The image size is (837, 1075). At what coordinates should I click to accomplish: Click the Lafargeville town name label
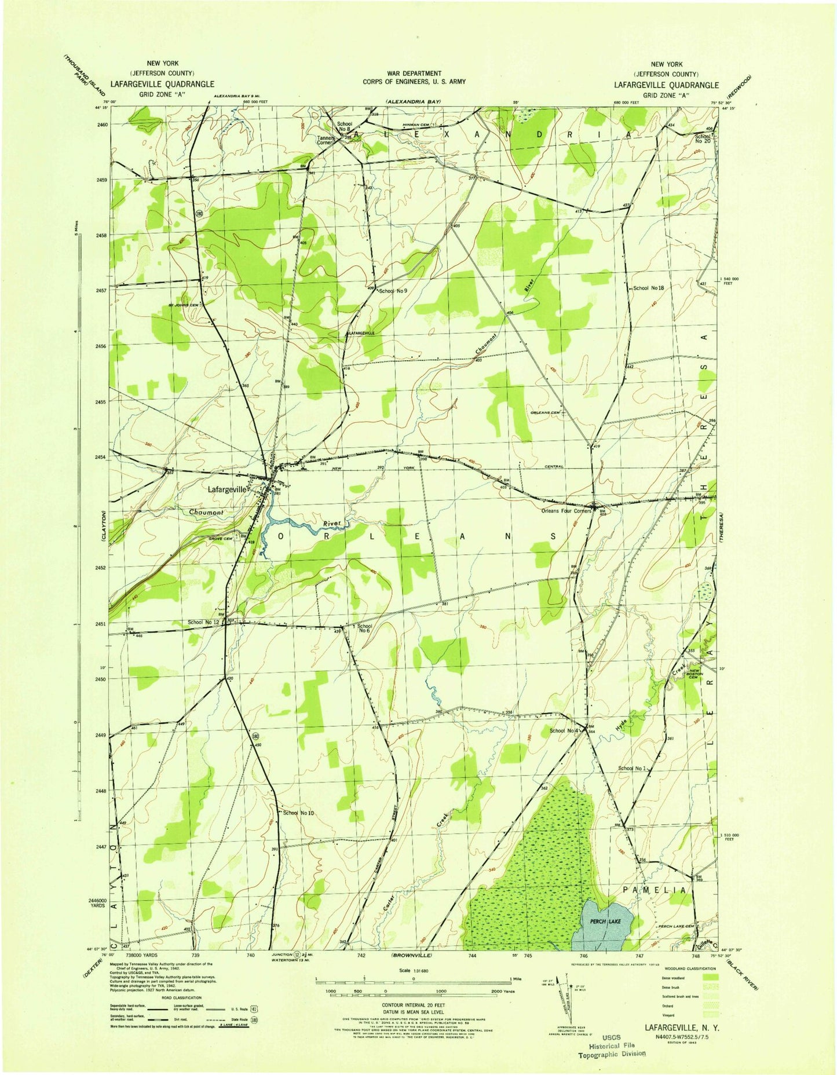228,489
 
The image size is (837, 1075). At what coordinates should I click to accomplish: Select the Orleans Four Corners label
566,511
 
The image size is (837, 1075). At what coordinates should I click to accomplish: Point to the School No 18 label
648,288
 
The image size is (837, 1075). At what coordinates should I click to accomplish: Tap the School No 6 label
364,628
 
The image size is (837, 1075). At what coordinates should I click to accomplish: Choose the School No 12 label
203,622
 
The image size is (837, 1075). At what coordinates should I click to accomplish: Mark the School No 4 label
564,731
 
